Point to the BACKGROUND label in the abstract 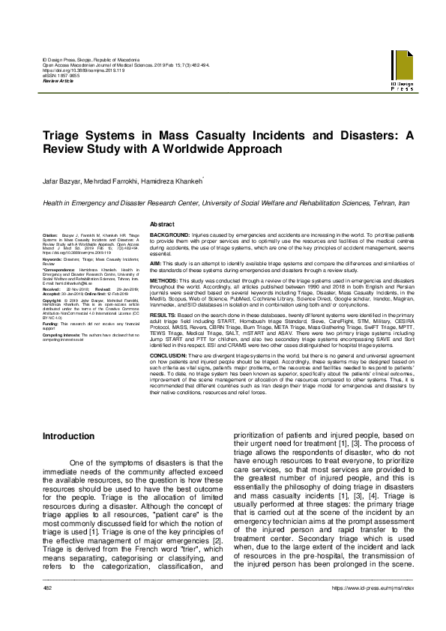pos(169,235)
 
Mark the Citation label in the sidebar pos(51,235)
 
